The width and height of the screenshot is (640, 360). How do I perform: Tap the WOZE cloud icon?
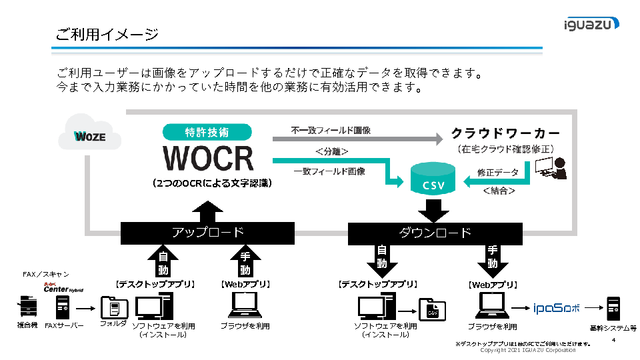click(x=89, y=136)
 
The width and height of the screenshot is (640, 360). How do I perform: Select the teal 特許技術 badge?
click(x=208, y=132)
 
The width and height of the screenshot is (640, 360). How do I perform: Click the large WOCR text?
click(x=208, y=158)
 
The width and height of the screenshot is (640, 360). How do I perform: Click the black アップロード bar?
click(x=208, y=233)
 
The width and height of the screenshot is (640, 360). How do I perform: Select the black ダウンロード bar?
click(x=435, y=233)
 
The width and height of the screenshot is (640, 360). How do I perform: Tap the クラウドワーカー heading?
click(x=505, y=133)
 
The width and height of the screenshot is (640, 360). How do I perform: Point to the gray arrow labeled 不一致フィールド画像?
click(x=357, y=139)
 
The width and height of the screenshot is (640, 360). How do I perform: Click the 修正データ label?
click(x=497, y=172)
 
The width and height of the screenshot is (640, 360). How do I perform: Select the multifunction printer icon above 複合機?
click(x=27, y=306)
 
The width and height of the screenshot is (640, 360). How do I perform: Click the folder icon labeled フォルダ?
click(x=113, y=307)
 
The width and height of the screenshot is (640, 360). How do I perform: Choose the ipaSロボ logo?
click(x=557, y=308)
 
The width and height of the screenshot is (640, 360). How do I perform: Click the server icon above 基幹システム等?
click(x=612, y=309)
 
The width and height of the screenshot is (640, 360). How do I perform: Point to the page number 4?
click(x=613, y=340)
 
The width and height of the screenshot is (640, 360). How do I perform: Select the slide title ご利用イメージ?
click(x=107, y=35)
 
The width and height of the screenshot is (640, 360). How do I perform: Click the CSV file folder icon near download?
click(x=432, y=311)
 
